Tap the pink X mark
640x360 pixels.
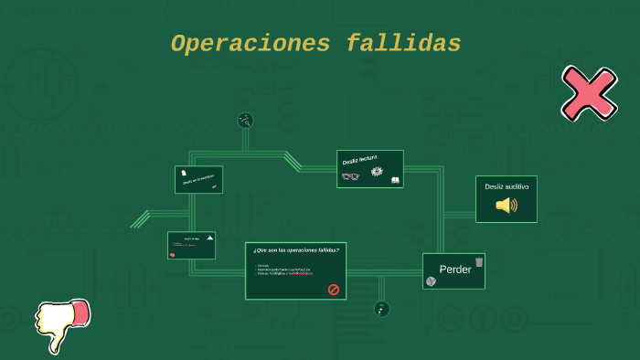pos(588,93)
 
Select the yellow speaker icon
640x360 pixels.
pos(506,205)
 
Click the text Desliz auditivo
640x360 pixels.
pos(507,186)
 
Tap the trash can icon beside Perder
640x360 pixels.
pos(478,262)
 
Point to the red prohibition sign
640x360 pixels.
pos(334,290)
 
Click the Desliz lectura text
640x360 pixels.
pos(359,160)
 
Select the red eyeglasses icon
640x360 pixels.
pos(350,175)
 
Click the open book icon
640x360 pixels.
pos(395,180)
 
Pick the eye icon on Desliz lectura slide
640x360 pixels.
pos(377,172)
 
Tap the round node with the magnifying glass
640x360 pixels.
pos(245,120)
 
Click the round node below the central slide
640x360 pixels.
pos(381,309)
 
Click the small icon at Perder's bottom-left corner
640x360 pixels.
pos(431,281)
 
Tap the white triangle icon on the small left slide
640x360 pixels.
pos(210,238)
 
